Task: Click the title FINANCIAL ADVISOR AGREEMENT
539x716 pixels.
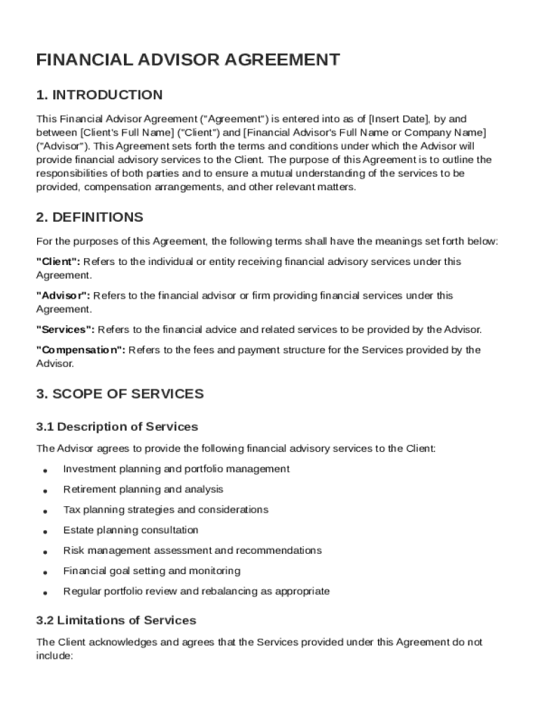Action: (x=188, y=60)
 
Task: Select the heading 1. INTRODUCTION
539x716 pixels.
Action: (x=99, y=95)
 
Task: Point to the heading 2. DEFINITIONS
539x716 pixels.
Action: (x=90, y=217)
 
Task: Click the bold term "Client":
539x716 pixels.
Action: (x=58, y=262)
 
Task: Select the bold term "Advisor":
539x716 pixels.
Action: (x=63, y=296)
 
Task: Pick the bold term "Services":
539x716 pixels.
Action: (x=65, y=329)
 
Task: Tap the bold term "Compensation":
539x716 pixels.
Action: (x=80, y=350)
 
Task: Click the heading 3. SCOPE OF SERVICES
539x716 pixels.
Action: (x=120, y=394)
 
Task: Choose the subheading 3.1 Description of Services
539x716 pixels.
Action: (x=117, y=427)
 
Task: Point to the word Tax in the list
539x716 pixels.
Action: (x=71, y=510)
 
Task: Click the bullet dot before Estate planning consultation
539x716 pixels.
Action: (x=45, y=531)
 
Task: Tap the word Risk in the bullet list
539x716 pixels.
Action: (x=73, y=550)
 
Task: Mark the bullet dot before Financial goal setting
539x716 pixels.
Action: (x=45, y=572)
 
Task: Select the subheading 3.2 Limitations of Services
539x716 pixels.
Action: (x=115, y=620)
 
